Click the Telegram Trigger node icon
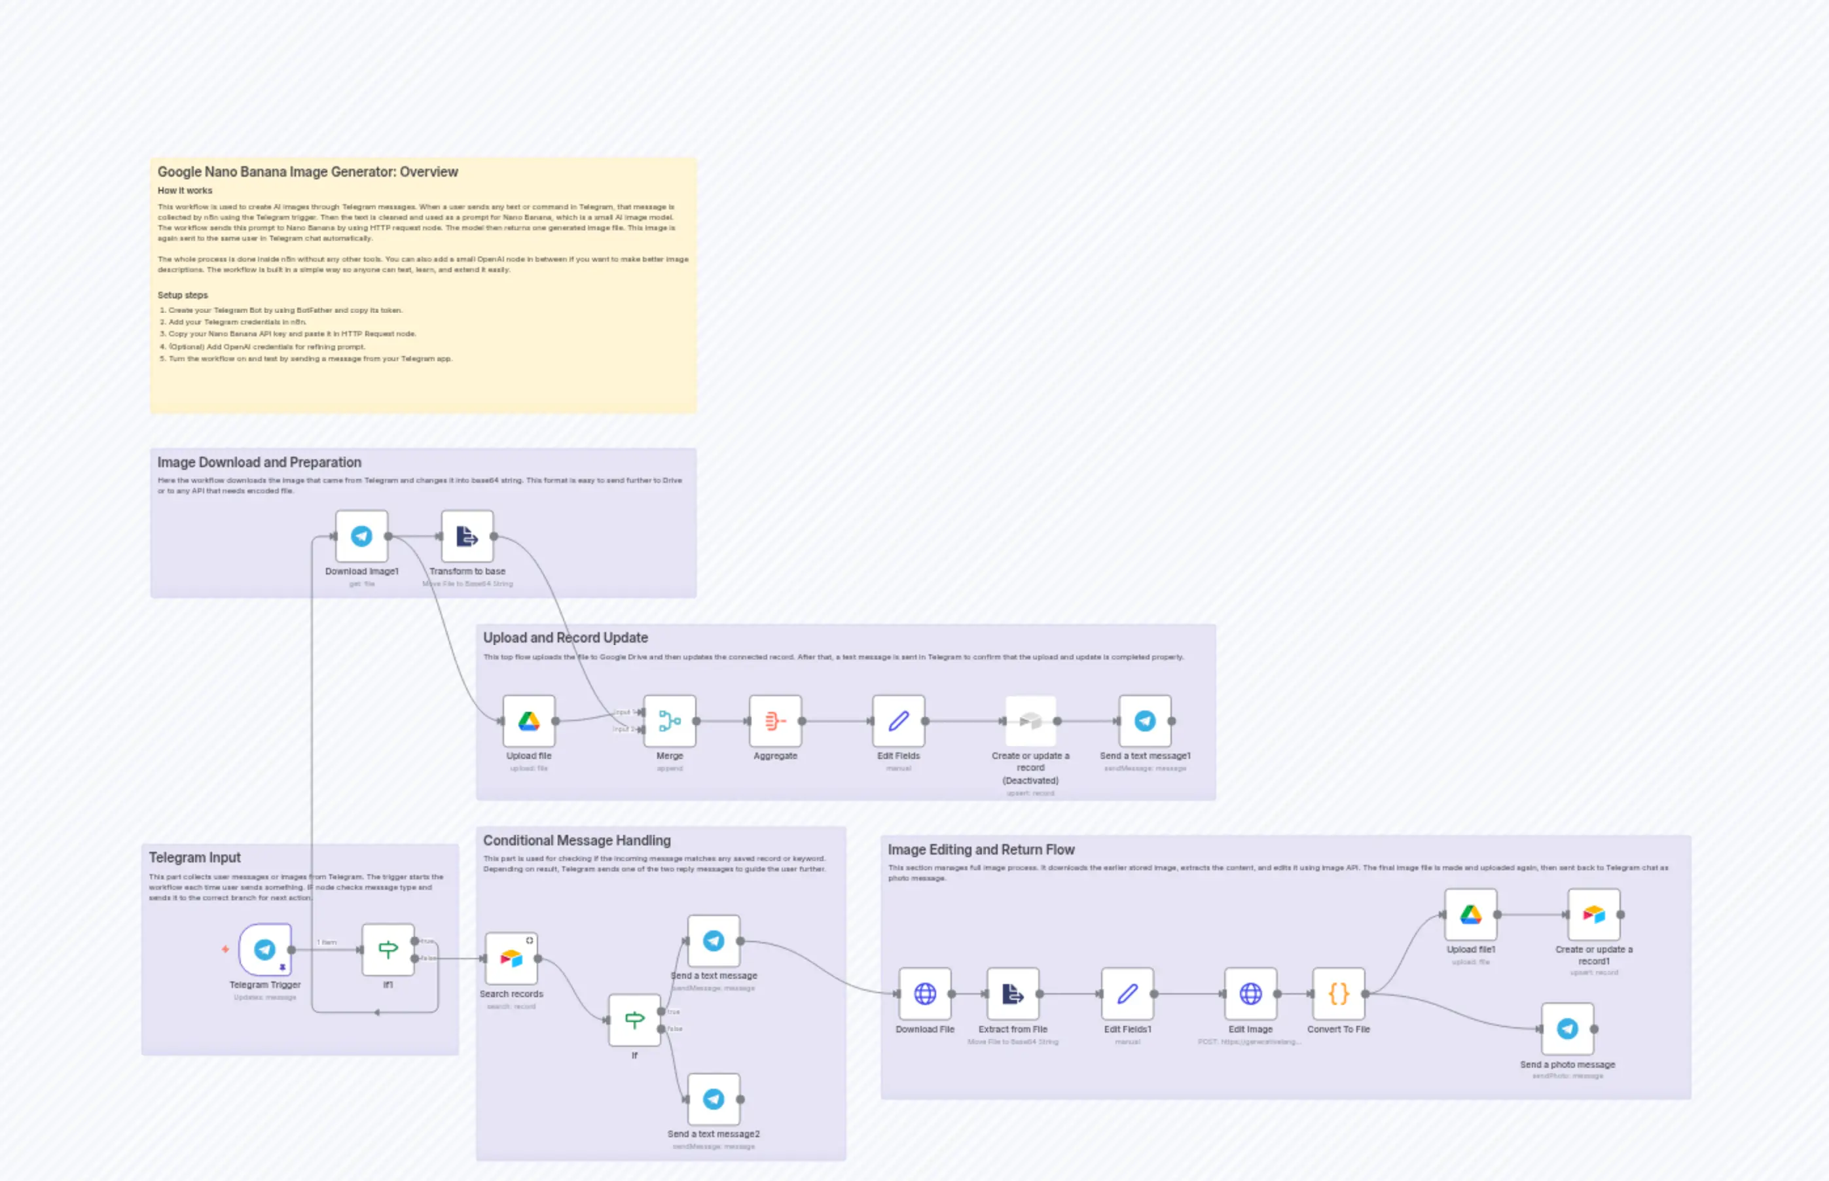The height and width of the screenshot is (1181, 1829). coord(264,949)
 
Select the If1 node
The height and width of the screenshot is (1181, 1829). coord(388,949)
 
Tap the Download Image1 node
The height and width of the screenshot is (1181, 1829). coord(361,536)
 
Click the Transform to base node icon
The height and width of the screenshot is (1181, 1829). coord(467,536)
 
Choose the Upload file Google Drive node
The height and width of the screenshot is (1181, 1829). coord(528,721)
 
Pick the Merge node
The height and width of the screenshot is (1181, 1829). coord(670,721)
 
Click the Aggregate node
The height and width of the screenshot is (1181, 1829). coord(775,721)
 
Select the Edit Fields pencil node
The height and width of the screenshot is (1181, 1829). coord(898,721)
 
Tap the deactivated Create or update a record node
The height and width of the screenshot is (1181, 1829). coord(1030,721)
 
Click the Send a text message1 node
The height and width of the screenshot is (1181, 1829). coord(1145,721)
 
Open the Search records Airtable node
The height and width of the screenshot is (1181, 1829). coord(511,959)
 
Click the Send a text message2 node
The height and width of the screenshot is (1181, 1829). coord(714,1099)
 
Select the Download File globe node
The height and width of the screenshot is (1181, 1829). coord(925,994)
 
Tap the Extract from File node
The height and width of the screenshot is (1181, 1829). coord(1013,994)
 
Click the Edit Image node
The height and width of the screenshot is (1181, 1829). coord(1250,994)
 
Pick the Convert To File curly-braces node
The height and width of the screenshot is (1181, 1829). coord(1339,994)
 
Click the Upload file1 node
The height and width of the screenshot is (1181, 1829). coord(1471,914)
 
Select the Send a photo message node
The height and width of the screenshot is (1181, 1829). coord(1567,1029)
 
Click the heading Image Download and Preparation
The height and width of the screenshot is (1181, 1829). coord(259,463)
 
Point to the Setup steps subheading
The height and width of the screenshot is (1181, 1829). coord(183,295)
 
